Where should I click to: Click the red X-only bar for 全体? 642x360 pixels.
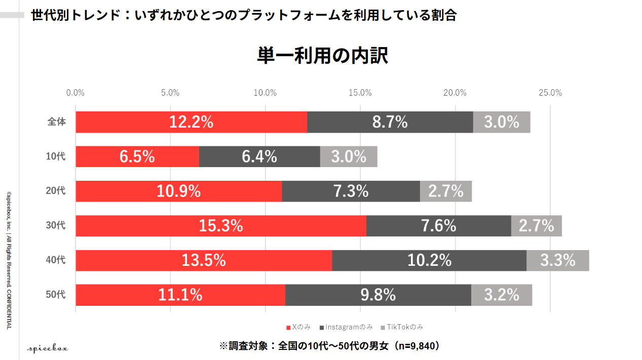[x=192, y=122]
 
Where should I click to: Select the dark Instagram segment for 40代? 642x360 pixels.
[x=429, y=260]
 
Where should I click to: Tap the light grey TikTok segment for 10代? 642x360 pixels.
[x=349, y=156]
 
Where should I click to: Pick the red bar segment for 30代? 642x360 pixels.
[x=221, y=226]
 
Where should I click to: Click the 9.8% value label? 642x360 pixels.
[x=378, y=295]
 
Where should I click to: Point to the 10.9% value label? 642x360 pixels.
[x=178, y=191]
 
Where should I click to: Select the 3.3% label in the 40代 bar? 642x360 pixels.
[x=558, y=260]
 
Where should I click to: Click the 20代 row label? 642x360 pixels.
[x=56, y=190]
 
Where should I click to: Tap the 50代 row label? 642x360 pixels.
[x=56, y=294]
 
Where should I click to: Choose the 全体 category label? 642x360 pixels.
[x=57, y=122]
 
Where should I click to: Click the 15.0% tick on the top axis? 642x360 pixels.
[x=360, y=93]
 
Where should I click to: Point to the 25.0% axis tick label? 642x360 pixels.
[x=550, y=93]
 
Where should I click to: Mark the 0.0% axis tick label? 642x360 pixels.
[x=75, y=93]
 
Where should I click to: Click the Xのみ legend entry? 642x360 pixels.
[x=298, y=327]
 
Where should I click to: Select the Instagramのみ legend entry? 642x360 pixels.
[x=346, y=327]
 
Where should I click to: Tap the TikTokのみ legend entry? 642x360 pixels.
[x=402, y=327]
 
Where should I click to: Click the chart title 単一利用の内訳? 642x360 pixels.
[x=322, y=56]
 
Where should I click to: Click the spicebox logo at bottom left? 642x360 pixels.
[x=48, y=349]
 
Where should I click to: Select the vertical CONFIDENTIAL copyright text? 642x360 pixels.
[x=9, y=261]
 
